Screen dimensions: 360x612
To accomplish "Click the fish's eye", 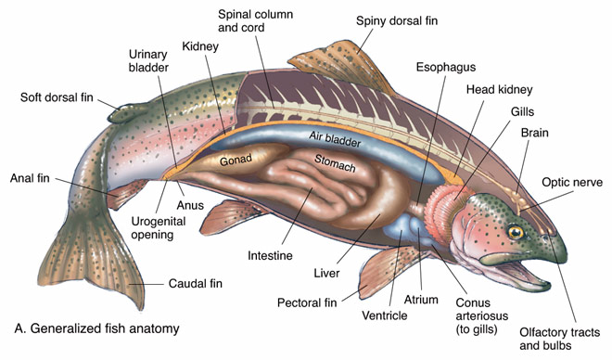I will pos(514,232).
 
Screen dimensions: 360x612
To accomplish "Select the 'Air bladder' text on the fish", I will pos(337,135).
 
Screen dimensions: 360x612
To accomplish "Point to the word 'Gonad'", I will pos(236,161).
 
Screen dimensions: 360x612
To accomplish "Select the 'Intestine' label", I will pos(270,254).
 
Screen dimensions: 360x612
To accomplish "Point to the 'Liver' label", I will pos(326,275).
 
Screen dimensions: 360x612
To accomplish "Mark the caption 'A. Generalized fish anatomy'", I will pos(96,328).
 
